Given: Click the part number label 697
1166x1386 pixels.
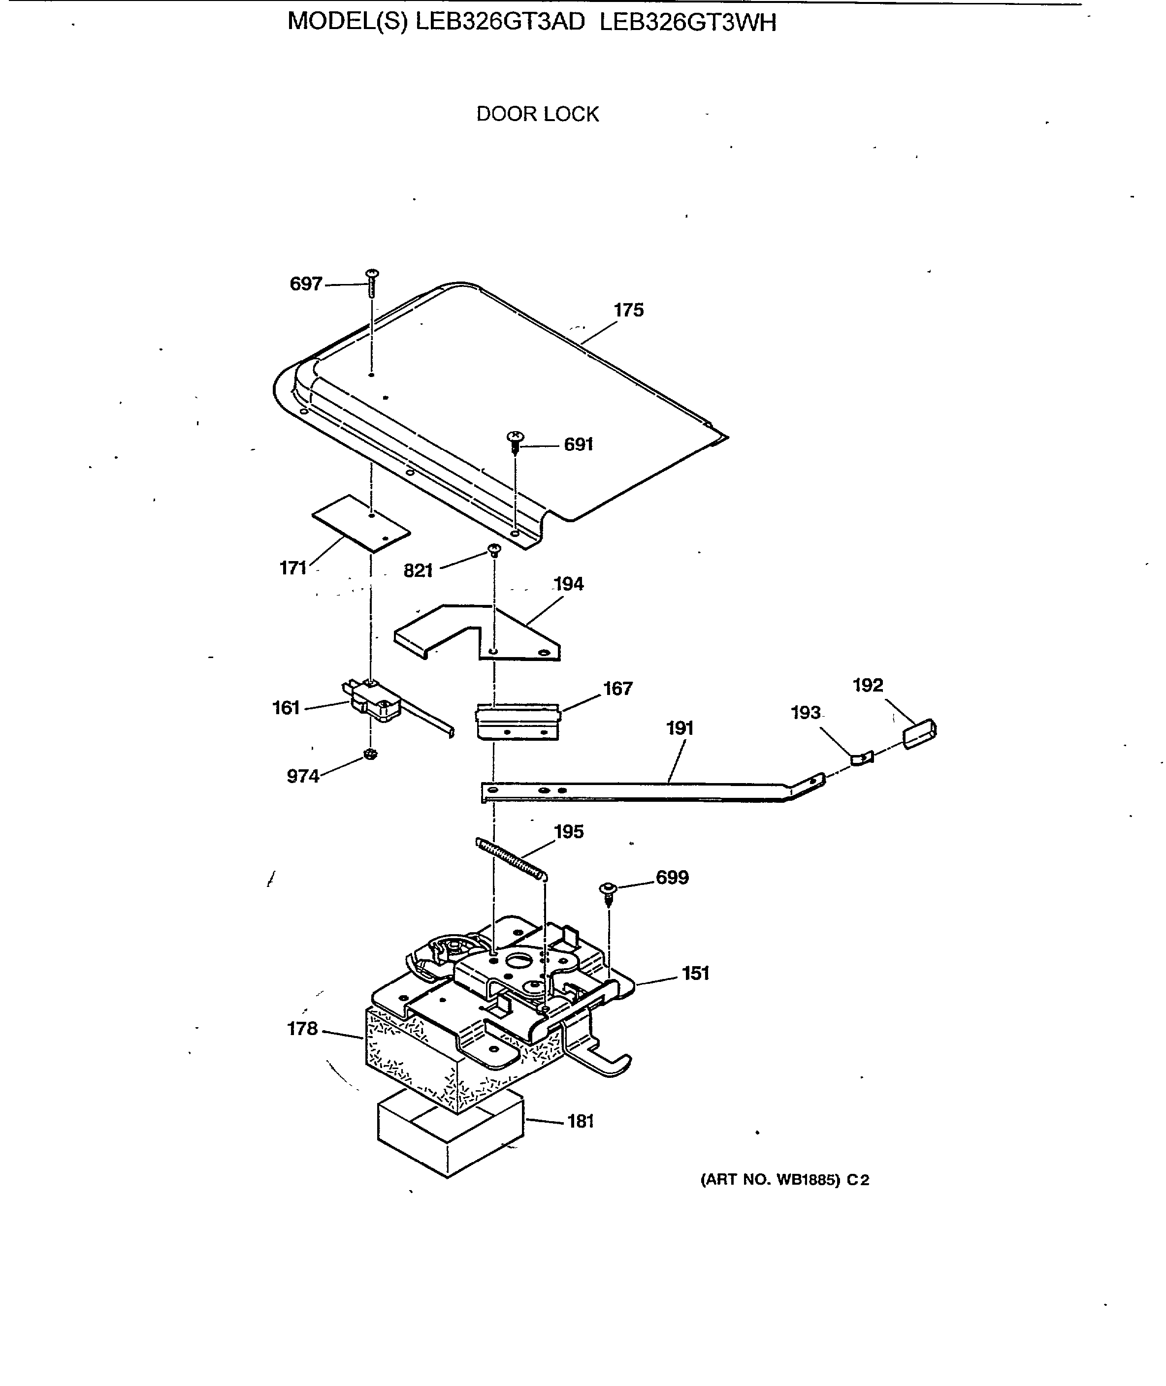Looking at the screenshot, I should [305, 284].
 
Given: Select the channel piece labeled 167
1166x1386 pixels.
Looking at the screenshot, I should [518, 722].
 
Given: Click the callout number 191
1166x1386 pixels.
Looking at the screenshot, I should [680, 728].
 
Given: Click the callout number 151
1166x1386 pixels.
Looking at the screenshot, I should [695, 973].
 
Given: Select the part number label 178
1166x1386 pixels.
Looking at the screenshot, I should [302, 1029].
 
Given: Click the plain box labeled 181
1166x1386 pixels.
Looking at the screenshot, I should [450, 1137].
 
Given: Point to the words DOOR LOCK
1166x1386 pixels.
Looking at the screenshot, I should [537, 114].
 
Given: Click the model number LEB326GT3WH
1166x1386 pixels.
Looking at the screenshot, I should [687, 23].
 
